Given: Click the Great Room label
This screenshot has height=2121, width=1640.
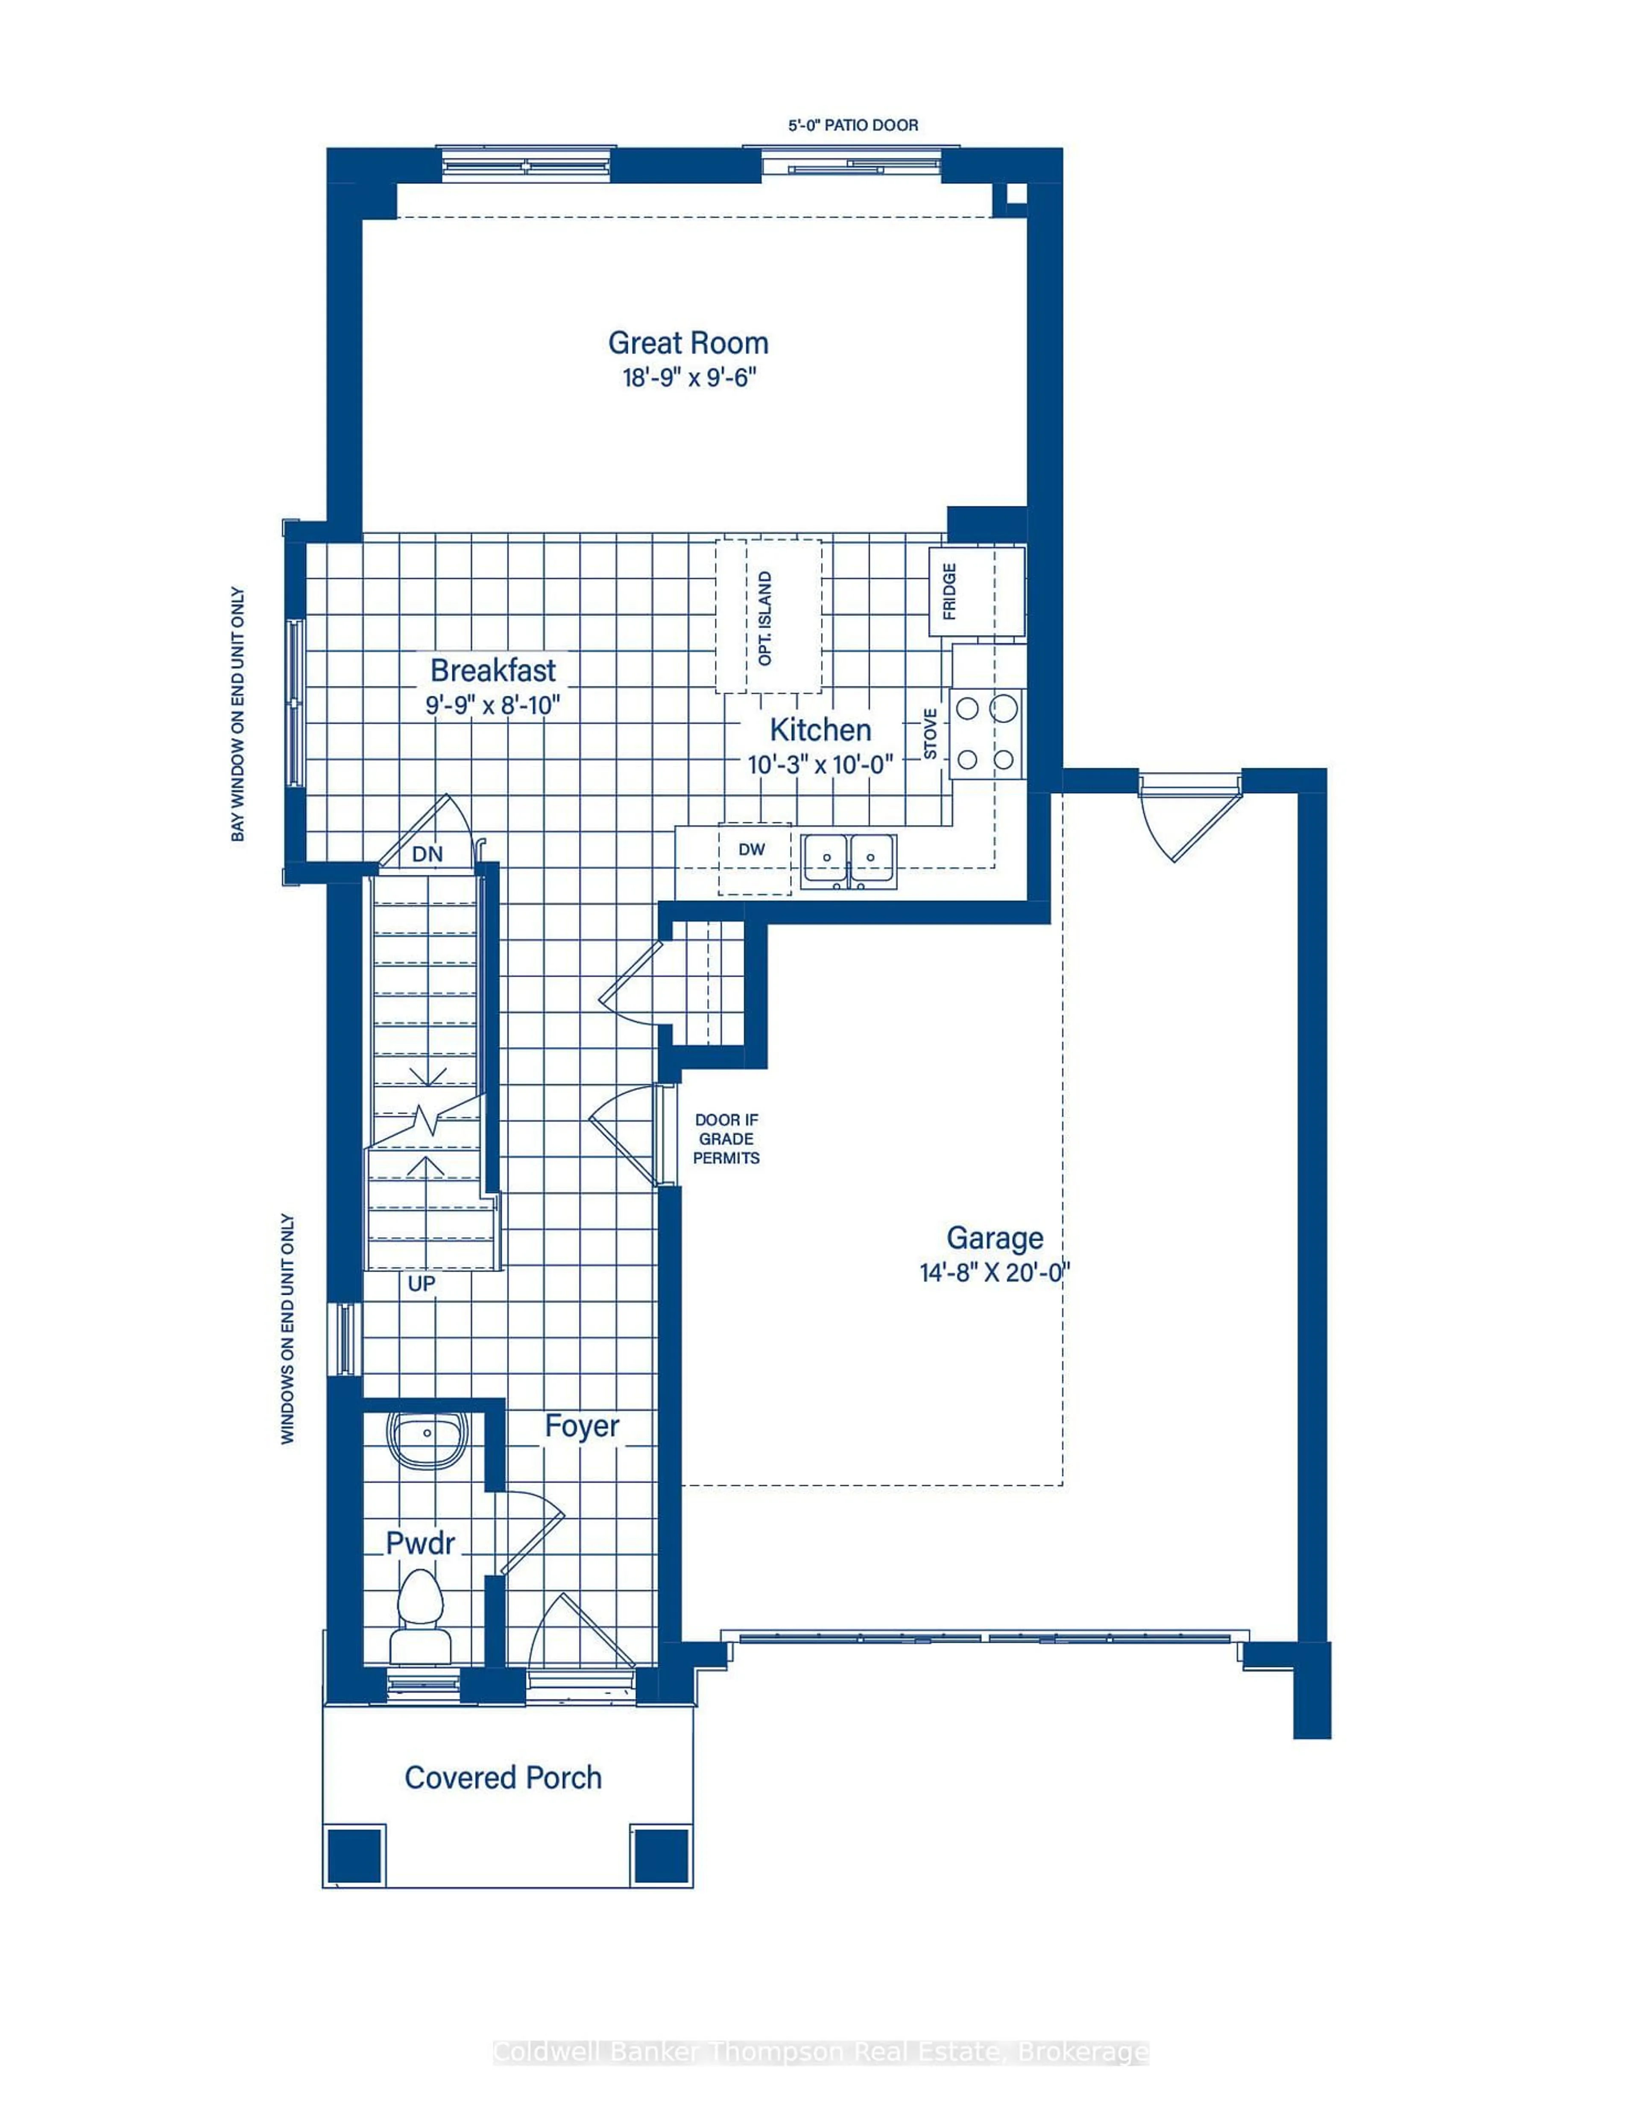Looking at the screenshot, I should [x=688, y=343].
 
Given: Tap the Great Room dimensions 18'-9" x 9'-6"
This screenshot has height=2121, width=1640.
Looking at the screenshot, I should [x=688, y=378].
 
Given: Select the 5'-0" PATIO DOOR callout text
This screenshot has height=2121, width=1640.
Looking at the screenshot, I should [x=852, y=125].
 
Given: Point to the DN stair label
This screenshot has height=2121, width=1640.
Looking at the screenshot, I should [x=428, y=853].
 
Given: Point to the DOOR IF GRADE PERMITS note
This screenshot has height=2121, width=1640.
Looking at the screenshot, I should [x=726, y=1139].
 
